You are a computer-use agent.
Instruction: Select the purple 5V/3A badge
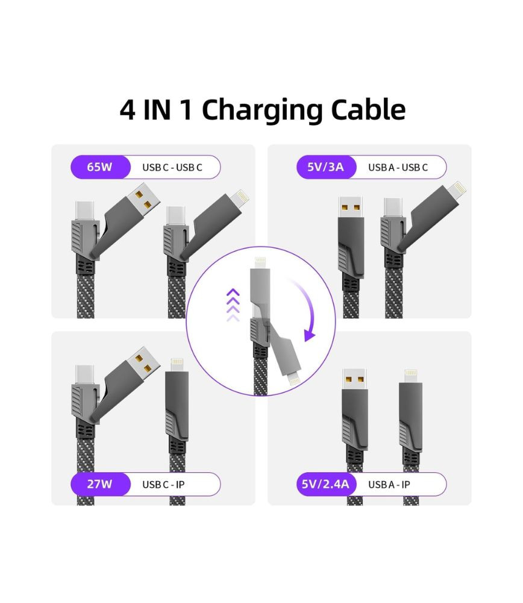click(327, 167)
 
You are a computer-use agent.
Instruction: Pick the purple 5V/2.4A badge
click(327, 484)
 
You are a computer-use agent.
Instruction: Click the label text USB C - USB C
click(172, 167)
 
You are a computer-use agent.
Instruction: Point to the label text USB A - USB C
click(398, 167)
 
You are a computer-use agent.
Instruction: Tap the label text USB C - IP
click(163, 485)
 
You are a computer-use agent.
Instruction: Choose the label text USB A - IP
click(389, 485)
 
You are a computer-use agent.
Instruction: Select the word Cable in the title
click(368, 110)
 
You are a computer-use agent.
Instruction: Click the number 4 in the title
click(128, 110)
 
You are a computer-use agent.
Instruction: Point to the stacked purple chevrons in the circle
click(233, 305)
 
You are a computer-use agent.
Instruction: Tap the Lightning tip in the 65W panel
click(240, 198)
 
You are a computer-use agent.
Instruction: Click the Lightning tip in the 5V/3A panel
click(457, 189)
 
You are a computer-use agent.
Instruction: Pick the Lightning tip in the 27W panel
click(177, 365)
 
